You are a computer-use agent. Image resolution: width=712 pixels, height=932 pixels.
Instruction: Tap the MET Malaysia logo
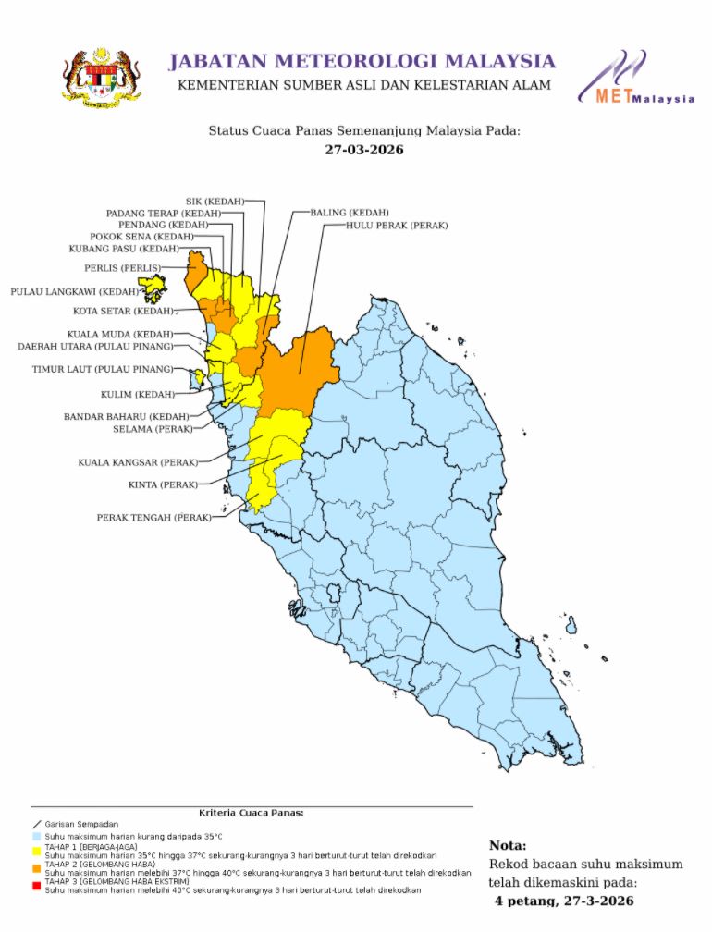coord(636,78)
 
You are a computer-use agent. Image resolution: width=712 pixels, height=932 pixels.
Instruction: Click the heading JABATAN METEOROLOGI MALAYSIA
coord(362,62)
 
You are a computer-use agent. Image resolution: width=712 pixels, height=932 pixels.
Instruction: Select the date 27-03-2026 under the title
coord(364,150)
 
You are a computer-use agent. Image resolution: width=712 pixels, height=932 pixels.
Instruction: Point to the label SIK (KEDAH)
coord(215,201)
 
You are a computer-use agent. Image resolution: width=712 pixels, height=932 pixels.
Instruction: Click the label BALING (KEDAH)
coord(349,213)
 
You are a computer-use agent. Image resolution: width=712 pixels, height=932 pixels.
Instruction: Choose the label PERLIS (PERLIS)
coord(121,268)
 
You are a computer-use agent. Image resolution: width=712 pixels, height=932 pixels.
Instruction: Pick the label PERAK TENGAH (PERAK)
coord(153,518)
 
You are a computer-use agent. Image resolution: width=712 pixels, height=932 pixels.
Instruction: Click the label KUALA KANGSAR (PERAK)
coord(137,461)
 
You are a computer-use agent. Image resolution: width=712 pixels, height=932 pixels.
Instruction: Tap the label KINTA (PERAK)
coord(162,484)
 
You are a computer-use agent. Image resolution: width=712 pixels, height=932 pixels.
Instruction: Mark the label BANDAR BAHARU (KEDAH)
coord(126,417)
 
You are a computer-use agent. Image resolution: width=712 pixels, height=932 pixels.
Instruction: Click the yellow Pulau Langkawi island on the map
coord(154,293)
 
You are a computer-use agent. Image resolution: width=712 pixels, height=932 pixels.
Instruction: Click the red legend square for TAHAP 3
coord(36,883)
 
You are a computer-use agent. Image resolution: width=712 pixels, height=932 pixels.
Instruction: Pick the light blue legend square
coord(36,836)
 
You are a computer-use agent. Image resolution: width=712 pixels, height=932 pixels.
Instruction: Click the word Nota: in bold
coord(508,845)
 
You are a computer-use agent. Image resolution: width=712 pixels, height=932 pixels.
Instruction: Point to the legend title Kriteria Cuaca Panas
coord(252,813)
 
